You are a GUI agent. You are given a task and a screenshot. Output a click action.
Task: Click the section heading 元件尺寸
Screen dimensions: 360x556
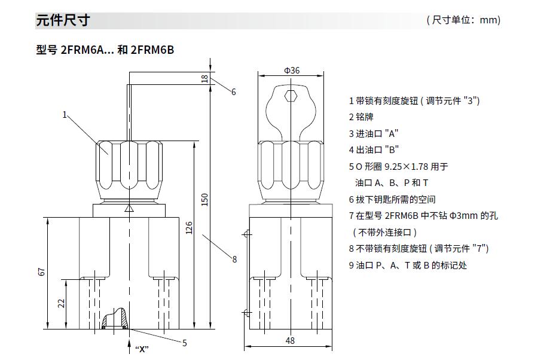pos(63,20)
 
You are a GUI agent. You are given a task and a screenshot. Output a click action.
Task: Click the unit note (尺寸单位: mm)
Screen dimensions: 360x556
pos(463,20)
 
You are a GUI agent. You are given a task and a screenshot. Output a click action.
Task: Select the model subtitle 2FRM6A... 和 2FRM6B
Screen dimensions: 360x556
pos(105,50)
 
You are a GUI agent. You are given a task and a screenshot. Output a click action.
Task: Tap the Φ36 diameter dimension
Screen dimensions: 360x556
pos(292,70)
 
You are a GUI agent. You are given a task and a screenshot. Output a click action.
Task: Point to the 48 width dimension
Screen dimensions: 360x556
pos(289,341)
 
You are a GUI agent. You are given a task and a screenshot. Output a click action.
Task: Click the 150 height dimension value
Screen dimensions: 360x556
pos(204,199)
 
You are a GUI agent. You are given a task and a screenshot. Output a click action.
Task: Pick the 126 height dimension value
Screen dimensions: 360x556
pos(188,228)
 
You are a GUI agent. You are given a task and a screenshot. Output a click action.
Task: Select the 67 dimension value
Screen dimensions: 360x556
pos(41,271)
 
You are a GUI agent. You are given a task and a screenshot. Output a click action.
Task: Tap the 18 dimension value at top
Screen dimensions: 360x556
pos(204,78)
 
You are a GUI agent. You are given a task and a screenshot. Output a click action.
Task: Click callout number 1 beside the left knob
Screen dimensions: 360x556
pos(65,114)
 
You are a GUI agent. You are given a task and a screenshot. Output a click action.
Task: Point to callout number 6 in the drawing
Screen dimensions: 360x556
pos(234,92)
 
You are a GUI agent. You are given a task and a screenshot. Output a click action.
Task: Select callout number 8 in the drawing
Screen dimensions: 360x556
pos(234,260)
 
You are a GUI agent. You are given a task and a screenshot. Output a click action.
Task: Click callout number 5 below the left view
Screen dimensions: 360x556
pos(185,343)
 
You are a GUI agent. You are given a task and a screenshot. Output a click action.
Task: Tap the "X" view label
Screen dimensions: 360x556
pos(142,349)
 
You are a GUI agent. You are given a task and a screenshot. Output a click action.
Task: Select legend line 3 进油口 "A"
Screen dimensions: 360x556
pos(374,133)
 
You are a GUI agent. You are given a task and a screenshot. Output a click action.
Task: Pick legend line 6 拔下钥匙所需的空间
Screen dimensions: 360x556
pos(392,199)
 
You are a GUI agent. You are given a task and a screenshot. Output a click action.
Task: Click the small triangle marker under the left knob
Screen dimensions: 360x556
pos(129,209)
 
